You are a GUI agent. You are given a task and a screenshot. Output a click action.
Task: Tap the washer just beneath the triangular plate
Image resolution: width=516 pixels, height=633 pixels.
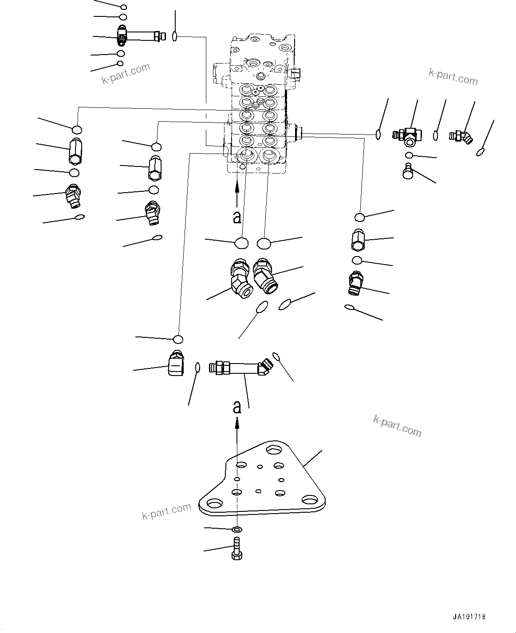tap(237, 529)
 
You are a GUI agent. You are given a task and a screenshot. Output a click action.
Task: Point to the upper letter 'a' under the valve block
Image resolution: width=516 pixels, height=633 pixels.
tap(237, 217)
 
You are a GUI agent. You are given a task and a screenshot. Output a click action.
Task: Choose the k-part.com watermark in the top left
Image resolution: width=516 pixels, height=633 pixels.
tap(126, 73)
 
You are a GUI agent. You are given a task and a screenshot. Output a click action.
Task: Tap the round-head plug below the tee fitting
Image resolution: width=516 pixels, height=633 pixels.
tap(408, 171)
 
